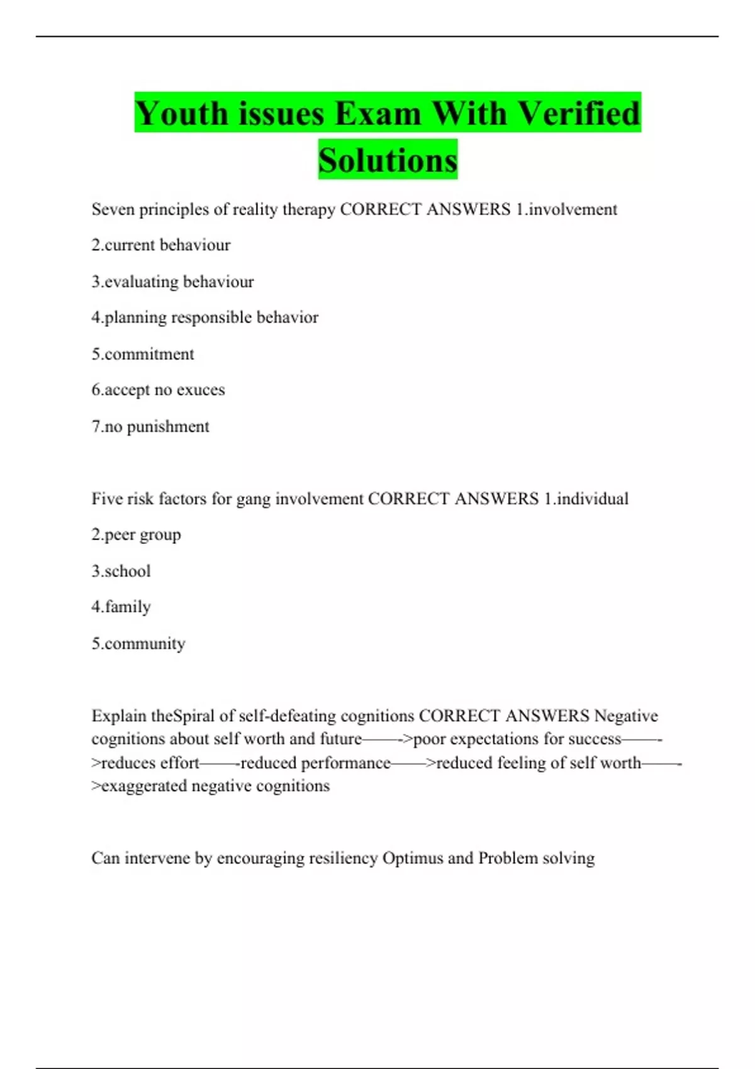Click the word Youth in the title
pyautogui.click(x=181, y=114)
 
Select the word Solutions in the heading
pyautogui.click(x=388, y=160)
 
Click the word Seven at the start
pyautogui.click(x=113, y=209)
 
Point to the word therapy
pyautogui.click(x=308, y=210)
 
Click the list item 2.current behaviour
pyautogui.click(x=161, y=245)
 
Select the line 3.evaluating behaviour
pyautogui.click(x=172, y=282)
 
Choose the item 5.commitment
pyautogui.click(x=143, y=354)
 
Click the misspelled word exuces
pyautogui.click(x=201, y=390)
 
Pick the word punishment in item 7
pyautogui.click(x=168, y=427)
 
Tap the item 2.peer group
pyautogui.click(x=136, y=535)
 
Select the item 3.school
pyautogui.click(x=121, y=571)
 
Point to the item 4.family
pyautogui.click(x=121, y=607)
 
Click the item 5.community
pyautogui.click(x=138, y=644)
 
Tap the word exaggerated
pyautogui.click(x=144, y=786)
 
